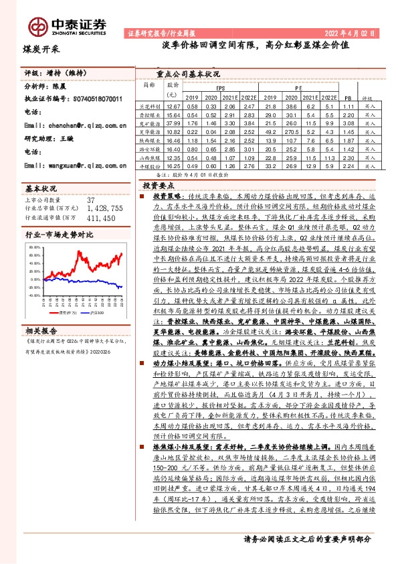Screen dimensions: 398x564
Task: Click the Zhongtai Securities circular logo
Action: coord(37,25)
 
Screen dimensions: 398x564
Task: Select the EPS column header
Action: coord(221,88)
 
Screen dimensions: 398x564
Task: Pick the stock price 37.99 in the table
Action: coord(173,124)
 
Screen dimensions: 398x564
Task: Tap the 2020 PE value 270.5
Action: coord(288,133)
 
